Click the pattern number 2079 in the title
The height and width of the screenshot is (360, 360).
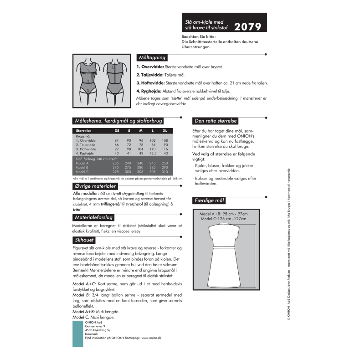tap(248, 26)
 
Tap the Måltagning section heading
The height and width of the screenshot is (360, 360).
tap(152, 57)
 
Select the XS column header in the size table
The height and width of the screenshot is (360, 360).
tap(117, 130)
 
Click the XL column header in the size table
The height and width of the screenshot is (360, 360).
tap(165, 130)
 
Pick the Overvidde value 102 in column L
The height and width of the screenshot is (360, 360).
tap(153, 140)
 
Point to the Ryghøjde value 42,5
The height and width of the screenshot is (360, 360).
tap(153, 154)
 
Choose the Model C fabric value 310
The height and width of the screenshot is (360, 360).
tap(165, 172)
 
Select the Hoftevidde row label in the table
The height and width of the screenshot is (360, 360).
tap(88, 149)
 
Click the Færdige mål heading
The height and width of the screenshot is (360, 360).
tap(210, 201)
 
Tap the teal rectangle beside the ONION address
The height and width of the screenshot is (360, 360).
tap(78, 334)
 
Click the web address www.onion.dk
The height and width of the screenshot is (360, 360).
tap(153, 338)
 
